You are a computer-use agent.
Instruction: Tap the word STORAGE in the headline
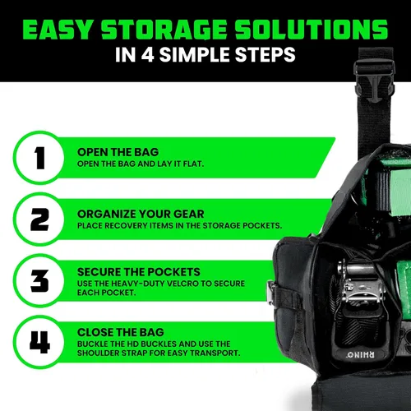[x=164, y=30]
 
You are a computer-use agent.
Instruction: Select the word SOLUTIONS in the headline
[x=311, y=30]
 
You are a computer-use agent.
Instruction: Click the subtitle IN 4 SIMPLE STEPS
[x=205, y=54]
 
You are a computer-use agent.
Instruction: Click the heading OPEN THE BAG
[x=118, y=152]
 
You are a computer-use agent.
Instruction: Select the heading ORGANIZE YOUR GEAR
[x=141, y=214]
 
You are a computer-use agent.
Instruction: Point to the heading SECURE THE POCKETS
[x=139, y=272]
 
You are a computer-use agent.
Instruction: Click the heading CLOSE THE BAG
[x=121, y=332]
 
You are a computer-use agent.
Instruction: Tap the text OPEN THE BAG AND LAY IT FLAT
[x=141, y=164]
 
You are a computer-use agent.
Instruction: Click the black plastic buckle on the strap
[x=374, y=81]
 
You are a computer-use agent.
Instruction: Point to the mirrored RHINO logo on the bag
[x=361, y=355]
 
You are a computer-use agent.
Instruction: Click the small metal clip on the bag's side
[x=271, y=293]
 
